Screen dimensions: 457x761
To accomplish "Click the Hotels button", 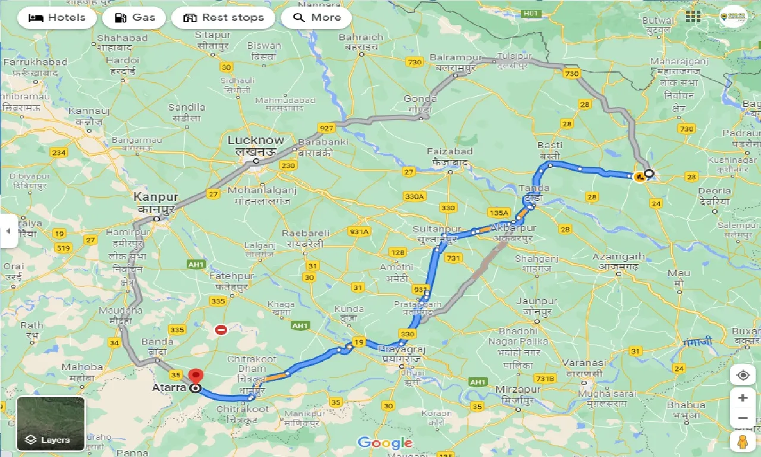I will point(57,18).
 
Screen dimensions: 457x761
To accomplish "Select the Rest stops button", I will point(223,18).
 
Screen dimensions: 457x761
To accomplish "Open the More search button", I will point(316,18).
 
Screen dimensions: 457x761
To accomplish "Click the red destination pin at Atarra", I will point(196,378).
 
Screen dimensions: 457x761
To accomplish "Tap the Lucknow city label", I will point(256,140).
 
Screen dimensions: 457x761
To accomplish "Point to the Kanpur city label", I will point(156,197).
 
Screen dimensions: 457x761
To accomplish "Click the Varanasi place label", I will point(587,362).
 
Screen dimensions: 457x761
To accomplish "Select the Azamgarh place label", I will point(618,256).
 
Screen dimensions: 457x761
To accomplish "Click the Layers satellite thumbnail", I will point(51,424).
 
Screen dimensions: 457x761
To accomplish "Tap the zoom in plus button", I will point(743,397).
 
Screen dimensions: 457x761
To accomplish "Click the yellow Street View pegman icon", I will point(743,442).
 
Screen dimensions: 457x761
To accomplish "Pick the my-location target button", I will point(743,375).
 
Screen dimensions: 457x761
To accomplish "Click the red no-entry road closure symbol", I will point(221,329).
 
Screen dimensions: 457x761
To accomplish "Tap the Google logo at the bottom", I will point(385,443).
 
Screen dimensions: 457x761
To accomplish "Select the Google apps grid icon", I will point(693,17).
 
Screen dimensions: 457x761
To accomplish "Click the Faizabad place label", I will point(449,152).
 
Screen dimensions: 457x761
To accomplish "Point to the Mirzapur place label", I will point(517,389).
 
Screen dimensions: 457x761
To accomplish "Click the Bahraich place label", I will point(361,37).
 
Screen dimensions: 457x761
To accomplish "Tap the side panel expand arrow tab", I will point(8,231).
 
